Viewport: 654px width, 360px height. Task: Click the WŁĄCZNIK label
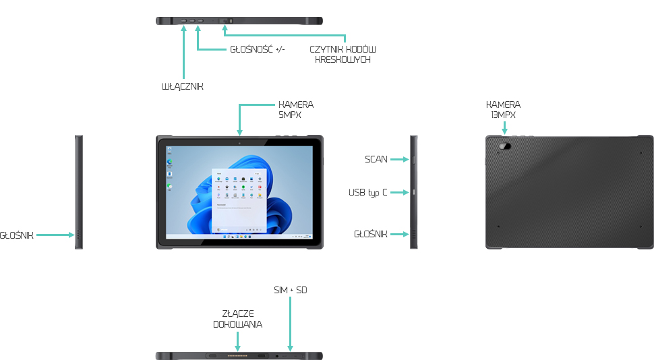(182, 87)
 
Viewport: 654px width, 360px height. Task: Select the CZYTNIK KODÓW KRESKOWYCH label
(343, 55)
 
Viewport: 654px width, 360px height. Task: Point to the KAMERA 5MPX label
(296, 110)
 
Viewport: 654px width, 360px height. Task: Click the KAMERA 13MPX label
(504, 110)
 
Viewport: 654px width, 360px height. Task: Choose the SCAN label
(376, 160)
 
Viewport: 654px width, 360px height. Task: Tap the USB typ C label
(368, 193)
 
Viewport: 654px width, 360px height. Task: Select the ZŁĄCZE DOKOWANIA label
(237, 319)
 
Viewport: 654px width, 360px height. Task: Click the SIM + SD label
(290, 290)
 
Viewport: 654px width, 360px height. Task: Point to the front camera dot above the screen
(239, 143)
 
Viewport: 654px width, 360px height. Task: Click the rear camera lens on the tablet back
(504, 146)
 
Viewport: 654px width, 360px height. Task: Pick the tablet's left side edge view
(79, 192)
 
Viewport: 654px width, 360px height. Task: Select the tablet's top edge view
(239, 22)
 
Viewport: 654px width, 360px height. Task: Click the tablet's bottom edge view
(239, 355)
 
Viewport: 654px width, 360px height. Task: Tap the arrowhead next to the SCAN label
(407, 160)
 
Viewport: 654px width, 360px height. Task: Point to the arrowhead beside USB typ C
(407, 193)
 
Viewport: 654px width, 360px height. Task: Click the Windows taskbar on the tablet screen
(239, 237)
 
